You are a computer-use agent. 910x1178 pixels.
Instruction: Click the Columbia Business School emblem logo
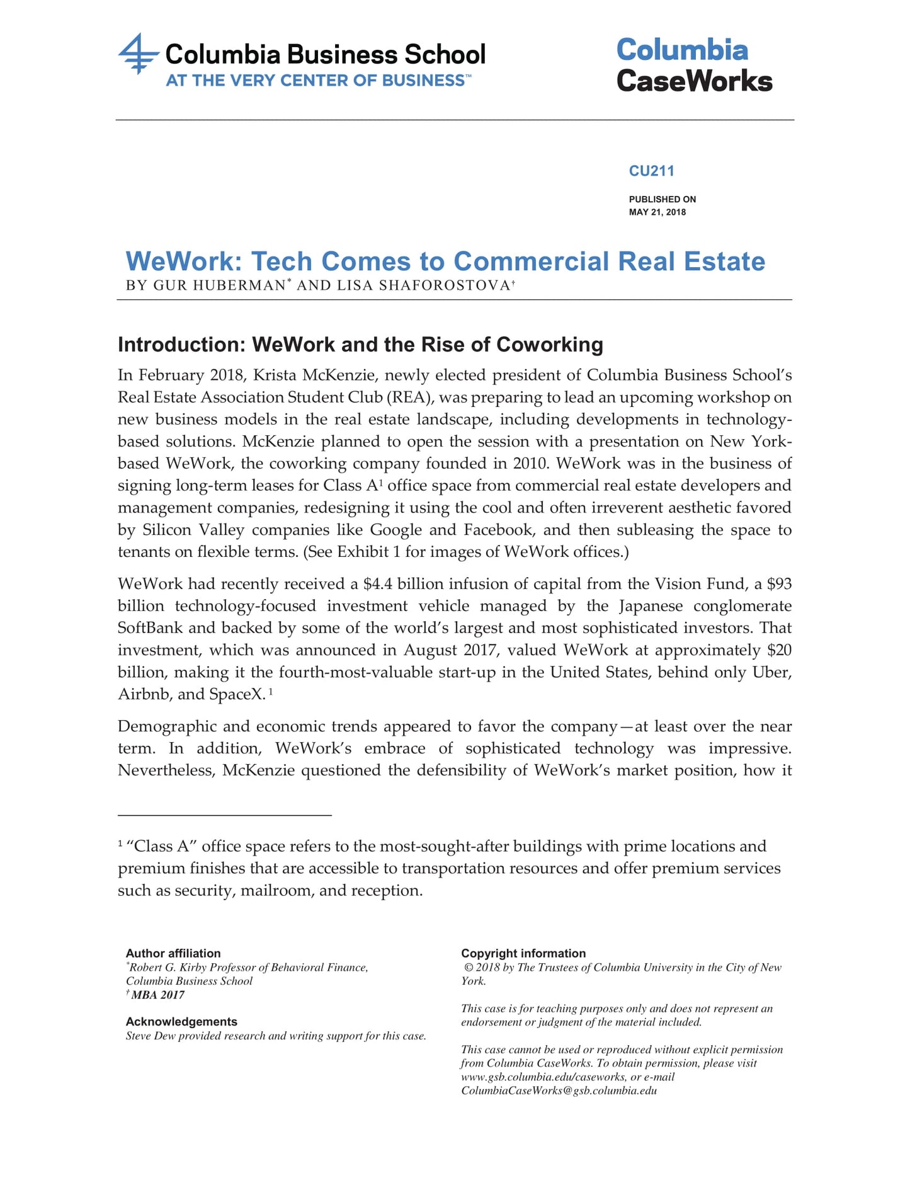[x=138, y=54]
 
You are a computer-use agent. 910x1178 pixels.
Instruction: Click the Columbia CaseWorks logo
[x=693, y=66]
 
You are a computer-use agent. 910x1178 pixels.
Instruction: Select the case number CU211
[x=651, y=171]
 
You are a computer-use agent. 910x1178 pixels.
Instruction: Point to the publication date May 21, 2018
[x=657, y=212]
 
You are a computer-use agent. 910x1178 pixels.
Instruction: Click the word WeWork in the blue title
[x=183, y=261]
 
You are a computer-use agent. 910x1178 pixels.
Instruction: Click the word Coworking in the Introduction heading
[x=549, y=345]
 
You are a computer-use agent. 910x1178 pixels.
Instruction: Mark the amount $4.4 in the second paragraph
[x=377, y=584]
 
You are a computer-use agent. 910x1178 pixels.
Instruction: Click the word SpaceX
[x=241, y=694]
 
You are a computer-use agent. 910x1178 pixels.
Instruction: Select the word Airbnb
[x=143, y=694]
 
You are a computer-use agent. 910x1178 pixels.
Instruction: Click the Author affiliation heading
[x=173, y=953]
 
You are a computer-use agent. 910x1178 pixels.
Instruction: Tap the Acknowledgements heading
[x=181, y=1022]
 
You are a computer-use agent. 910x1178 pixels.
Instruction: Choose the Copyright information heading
[x=523, y=953]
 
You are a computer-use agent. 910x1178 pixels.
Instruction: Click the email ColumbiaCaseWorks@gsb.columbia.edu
[x=559, y=1091]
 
